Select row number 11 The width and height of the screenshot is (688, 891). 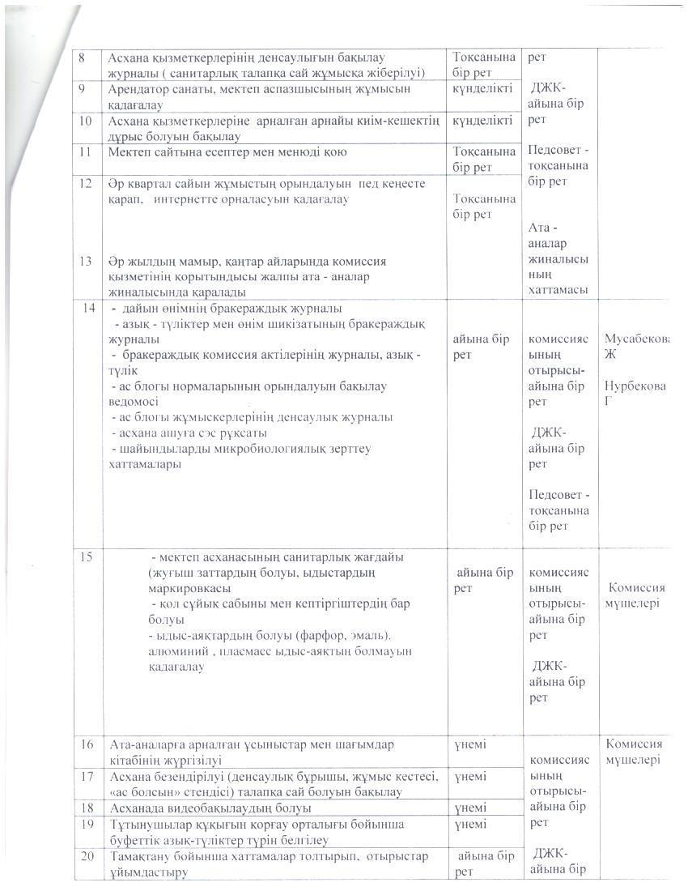[83, 151]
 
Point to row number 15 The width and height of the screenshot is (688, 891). [86, 557]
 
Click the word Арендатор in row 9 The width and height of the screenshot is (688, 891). [138, 89]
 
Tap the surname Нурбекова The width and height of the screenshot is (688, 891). [636, 386]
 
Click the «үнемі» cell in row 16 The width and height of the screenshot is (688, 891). [470, 744]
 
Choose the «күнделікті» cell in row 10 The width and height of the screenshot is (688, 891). [482, 120]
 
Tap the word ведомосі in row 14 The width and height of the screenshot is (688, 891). [134, 401]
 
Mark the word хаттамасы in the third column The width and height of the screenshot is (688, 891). [558, 289]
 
